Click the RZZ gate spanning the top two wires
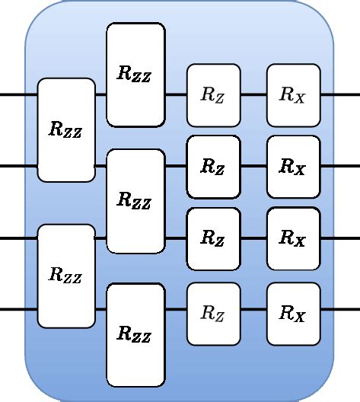tap(66, 129)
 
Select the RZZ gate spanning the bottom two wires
tap(66, 276)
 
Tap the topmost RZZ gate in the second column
tap(135, 75)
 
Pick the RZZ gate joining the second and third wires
tap(135, 201)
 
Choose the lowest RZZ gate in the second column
tap(135, 334)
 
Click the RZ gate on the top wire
tap(213, 95)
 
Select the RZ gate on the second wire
tap(213, 167)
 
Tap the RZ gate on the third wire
tap(213, 238)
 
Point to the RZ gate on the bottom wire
tap(213, 312)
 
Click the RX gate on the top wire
tap(293, 95)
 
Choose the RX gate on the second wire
tap(293, 167)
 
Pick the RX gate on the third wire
tap(293, 238)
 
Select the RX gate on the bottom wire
tap(293, 312)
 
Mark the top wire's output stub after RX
tap(339, 95)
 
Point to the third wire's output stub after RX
tap(339, 238)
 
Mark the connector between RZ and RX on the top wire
tap(253, 95)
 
